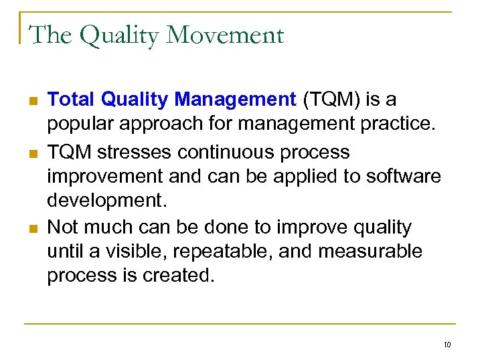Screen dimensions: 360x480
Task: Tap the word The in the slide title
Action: point(51,35)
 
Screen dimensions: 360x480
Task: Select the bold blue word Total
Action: point(72,100)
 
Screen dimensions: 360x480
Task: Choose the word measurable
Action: point(365,252)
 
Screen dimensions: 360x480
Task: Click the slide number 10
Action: point(447,345)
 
